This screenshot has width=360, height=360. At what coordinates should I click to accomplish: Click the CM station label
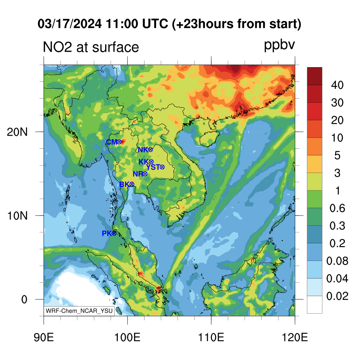[112, 142]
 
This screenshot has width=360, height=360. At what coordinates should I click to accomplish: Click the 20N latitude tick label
[17, 132]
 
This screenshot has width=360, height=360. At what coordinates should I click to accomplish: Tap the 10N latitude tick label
[17, 216]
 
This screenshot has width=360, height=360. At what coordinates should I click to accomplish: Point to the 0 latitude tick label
[24, 300]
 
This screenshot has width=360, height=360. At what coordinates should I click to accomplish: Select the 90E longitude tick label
[44, 337]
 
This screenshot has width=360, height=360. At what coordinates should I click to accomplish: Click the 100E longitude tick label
[127, 337]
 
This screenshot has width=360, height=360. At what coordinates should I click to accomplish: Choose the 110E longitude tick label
[211, 337]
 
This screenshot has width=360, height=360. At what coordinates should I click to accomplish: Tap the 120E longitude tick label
[295, 337]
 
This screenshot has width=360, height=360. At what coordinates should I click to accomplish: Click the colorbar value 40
[337, 85]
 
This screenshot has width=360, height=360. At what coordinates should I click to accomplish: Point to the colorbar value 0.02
[337, 296]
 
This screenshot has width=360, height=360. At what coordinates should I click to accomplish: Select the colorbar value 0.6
[337, 208]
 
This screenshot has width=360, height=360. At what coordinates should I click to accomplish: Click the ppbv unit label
[279, 45]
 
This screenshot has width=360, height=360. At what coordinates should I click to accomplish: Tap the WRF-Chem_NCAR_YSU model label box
[79, 311]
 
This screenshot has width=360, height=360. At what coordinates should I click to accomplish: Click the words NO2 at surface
[91, 47]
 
